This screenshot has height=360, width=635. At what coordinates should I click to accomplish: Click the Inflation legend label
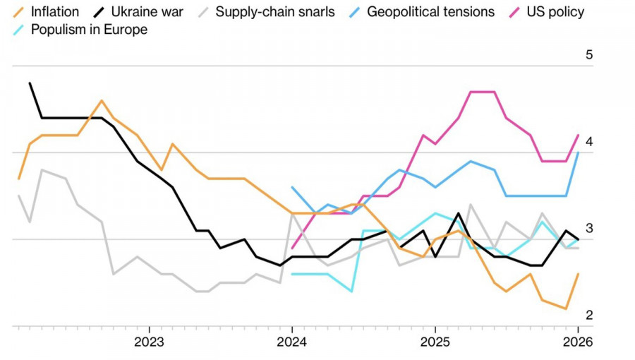pyautogui.click(x=54, y=12)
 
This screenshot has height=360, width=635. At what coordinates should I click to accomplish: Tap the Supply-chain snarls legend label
pyautogui.click(x=275, y=12)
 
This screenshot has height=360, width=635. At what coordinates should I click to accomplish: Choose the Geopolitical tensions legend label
pyautogui.click(x=430, y=12)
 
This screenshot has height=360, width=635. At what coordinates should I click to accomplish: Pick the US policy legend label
pyautogui.click(x=556, y=12)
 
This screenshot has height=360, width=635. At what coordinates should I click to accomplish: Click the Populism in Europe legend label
pyautogui.click(x=89, y=30)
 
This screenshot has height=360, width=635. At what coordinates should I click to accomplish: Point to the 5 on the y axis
pyautogui.click(x=589, y=55)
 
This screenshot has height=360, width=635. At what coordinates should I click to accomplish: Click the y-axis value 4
pyautogui.click(x=589, y=142)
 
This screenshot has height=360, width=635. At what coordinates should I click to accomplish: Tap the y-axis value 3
pyautogui.click(x=589, y=229)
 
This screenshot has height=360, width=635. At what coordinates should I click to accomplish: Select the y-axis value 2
pyautogui.click(x=589, y=316)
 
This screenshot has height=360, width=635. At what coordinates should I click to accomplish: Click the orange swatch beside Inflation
pyautogui.click(x=19, y=12)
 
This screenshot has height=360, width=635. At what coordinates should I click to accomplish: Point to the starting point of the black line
pyautogui.click(x=30, y=83)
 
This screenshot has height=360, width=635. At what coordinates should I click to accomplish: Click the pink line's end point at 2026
pyautogui.click(x=579, y=135)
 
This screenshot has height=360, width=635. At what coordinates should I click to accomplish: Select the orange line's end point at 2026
pyautogui.click(x=579, y=274)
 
